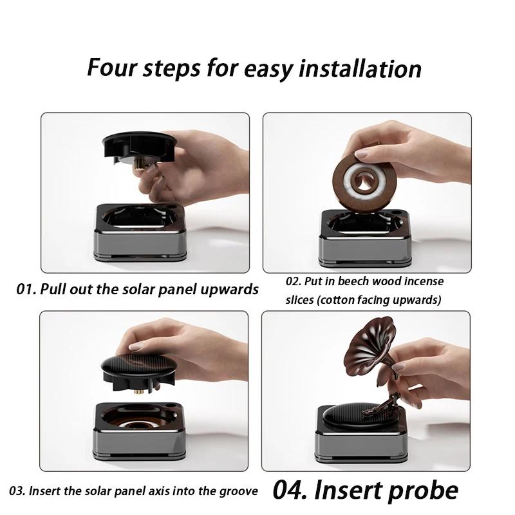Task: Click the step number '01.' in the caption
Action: click(26, 288)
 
